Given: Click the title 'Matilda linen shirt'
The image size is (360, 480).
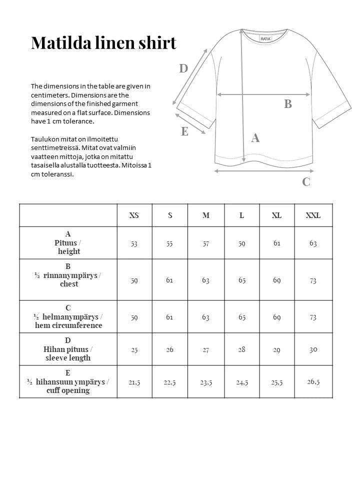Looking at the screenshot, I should tap(103, 43).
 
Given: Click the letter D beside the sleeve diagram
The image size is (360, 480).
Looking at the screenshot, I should tap(183, 68).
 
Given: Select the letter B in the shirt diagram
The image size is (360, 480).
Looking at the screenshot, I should tap(288, 104).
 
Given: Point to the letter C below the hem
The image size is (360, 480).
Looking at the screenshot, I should tap(306, 182).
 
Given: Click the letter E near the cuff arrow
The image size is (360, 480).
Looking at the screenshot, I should tap(184, 131).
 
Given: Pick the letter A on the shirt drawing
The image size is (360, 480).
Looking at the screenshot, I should tap(255, 138).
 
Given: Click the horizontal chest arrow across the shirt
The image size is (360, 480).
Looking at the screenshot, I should tap(263, 94).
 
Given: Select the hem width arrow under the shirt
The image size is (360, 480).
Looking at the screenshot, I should tap(263, 171).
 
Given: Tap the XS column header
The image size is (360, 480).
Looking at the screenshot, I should tap(134, 215).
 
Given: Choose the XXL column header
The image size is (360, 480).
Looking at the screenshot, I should tap(313, 215).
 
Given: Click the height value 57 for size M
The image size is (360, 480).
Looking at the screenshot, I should tap(206, 243).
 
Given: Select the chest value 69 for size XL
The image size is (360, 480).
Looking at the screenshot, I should tap(277, 280).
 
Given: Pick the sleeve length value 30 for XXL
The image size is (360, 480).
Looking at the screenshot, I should tap(313, 349).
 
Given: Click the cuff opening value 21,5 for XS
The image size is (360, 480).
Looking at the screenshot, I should tap(134, 382).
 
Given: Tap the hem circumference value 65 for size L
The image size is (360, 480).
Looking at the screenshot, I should tap(242, 317).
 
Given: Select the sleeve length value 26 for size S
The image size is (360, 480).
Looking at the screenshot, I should tap(170, 349).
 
